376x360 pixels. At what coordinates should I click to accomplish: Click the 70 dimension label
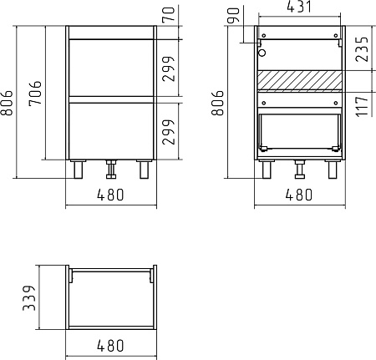pyautogui.click(x=169, y=14)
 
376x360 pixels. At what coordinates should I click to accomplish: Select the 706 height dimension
pyautogui.click(x=35, y=93)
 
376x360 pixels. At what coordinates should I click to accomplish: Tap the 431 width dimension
pyautogui.click(x=299, y=7)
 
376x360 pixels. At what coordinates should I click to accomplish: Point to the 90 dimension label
pyautogui.click(x=233, y=15)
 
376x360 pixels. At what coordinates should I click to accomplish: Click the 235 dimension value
pyautogui.click(x=363, y=48)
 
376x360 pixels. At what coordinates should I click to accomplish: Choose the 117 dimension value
pyautogui.click(x=363, y=106)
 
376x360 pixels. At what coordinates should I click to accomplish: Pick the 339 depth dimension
pyautogui.click(x=29, y=297)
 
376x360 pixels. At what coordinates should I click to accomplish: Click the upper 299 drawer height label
pyautogui.click(x=169, y=68)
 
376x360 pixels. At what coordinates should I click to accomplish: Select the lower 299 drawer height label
pyautogui.click(x=169, y=132)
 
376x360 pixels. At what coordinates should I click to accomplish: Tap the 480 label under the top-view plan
pyautogui.click(x=110, y=346)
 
